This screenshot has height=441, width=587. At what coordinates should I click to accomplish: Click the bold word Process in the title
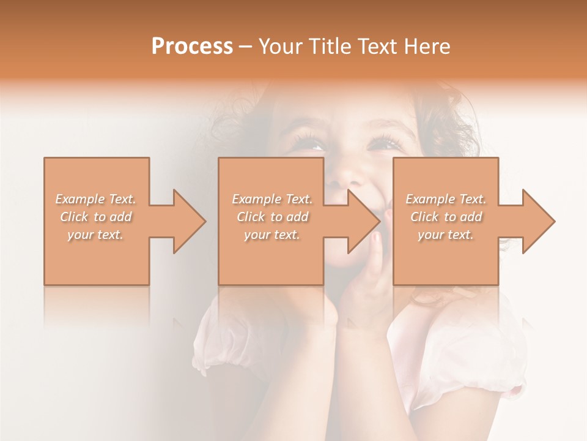pos(192,47)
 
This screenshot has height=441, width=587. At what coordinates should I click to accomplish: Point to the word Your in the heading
pos(281,47)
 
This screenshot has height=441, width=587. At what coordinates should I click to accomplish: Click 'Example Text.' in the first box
pos(96,199)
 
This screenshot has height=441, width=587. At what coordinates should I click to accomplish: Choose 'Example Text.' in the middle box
pos(272,199)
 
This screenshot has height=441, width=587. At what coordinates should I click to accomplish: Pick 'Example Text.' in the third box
pos(446,199)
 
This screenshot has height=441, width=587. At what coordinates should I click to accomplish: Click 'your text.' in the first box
pos(96,235)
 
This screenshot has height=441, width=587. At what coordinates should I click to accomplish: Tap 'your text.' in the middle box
pos(272,235)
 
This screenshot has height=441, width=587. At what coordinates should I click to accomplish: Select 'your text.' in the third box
pos(446,235)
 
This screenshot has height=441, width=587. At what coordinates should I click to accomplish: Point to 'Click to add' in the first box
pos(96,217)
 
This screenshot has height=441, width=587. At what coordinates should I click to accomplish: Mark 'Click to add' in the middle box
pos(272,217)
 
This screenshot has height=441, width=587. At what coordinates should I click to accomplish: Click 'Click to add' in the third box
pos(446,217)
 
